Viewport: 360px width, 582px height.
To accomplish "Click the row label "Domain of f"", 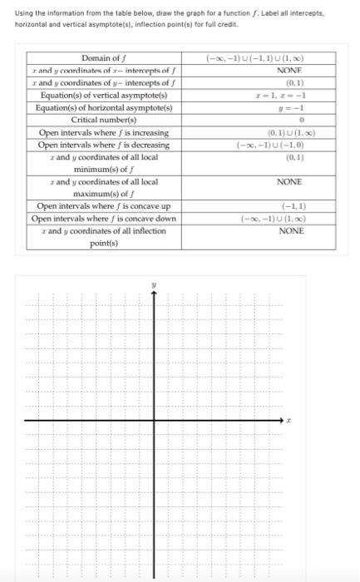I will (x=103, y=58).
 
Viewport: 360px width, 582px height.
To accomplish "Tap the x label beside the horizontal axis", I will (x=288, y=421).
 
